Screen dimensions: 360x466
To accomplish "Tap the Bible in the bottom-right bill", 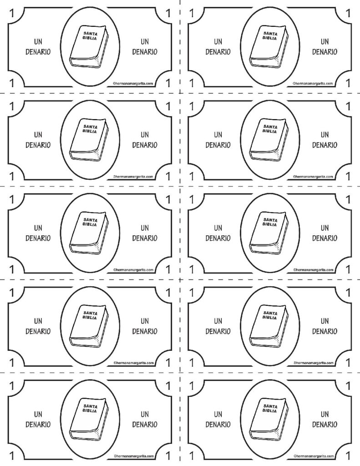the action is coord(269,419).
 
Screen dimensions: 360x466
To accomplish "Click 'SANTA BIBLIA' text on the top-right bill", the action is coord(270,36).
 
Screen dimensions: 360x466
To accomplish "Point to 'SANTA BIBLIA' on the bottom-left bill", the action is coord(90,409).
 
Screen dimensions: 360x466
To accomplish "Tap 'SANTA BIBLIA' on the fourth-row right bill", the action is coord(270,315).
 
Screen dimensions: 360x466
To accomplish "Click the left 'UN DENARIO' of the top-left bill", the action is coord(38,47).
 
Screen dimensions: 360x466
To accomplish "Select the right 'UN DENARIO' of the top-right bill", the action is coord(325,47).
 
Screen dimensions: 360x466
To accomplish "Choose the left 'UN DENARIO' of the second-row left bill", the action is coord(38,140).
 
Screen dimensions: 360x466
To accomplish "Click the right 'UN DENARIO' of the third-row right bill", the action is coord(325,233).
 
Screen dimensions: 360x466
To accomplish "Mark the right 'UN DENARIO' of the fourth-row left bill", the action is coord(145,326).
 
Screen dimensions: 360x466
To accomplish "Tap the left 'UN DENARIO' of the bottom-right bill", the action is coord(218,419).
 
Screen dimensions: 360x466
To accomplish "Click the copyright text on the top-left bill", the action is coord(133,84).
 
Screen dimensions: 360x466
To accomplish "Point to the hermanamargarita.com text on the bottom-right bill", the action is coord(313,456).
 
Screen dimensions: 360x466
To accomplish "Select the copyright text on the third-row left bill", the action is coord(133,270).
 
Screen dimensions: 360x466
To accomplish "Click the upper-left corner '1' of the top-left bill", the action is coord(12,13).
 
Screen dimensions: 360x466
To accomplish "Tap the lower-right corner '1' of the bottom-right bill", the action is coord(348,456).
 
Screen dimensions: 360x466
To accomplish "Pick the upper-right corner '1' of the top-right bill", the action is coord(348,13).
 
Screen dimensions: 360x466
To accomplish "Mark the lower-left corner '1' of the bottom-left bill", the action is coord(12,456).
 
